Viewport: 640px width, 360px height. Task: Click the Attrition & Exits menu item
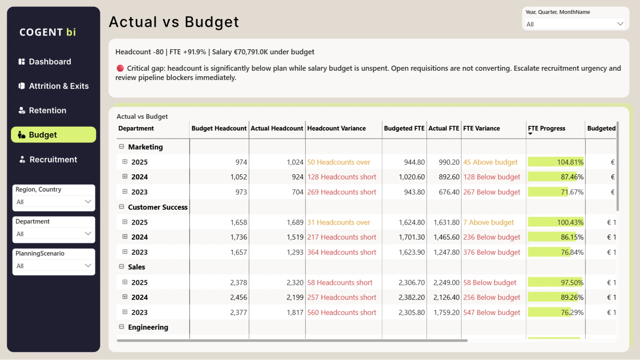pyautogui.click(x=53, y=86)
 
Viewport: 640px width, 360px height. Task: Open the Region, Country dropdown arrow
pyautogui.click(x=88, y=202)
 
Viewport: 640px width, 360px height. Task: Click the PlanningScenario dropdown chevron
pyautogui.click(x=88, y=266)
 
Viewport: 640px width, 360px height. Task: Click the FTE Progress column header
pyautogui.click(x=546, y=128)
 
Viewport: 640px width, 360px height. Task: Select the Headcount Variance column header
pyautogui.click(x=336, y=128)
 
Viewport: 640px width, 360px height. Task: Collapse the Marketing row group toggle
pyautogui.click(x=122, y=147)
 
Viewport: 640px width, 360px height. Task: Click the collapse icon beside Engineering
pyautogui.click(x=122, y=327)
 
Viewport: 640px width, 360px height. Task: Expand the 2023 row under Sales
pyautogui.click(x=125, y=312)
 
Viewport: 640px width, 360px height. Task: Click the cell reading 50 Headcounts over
pyautogui.click(x=339, y=162)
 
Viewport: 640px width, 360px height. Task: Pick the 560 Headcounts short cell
pyautogui.click(x=342, y=313)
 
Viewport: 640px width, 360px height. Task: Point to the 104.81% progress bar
pyautogui.click(x=556, y=162)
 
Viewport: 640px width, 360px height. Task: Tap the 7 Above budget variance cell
pyautogui.click(x=489, y=222)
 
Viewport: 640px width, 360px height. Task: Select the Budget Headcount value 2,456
pyautogui.click(x=239, y=297)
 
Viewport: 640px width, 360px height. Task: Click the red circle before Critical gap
pyautogui.click(x=120, y=68)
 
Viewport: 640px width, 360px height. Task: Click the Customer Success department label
pyautogui.click(x=158, y=207)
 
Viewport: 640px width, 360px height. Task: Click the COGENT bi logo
pyautogui.click(x=48, y=32)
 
